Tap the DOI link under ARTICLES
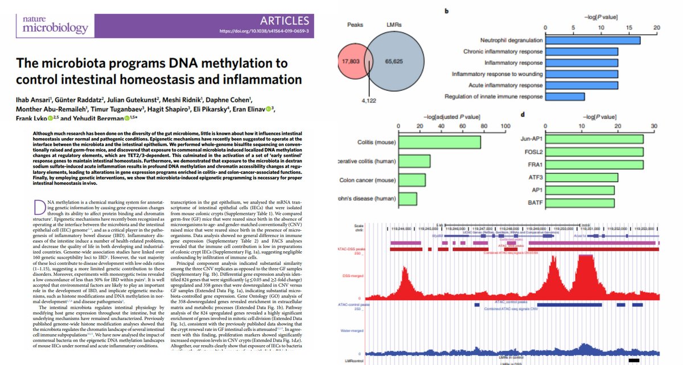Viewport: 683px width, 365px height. [267, 32]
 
